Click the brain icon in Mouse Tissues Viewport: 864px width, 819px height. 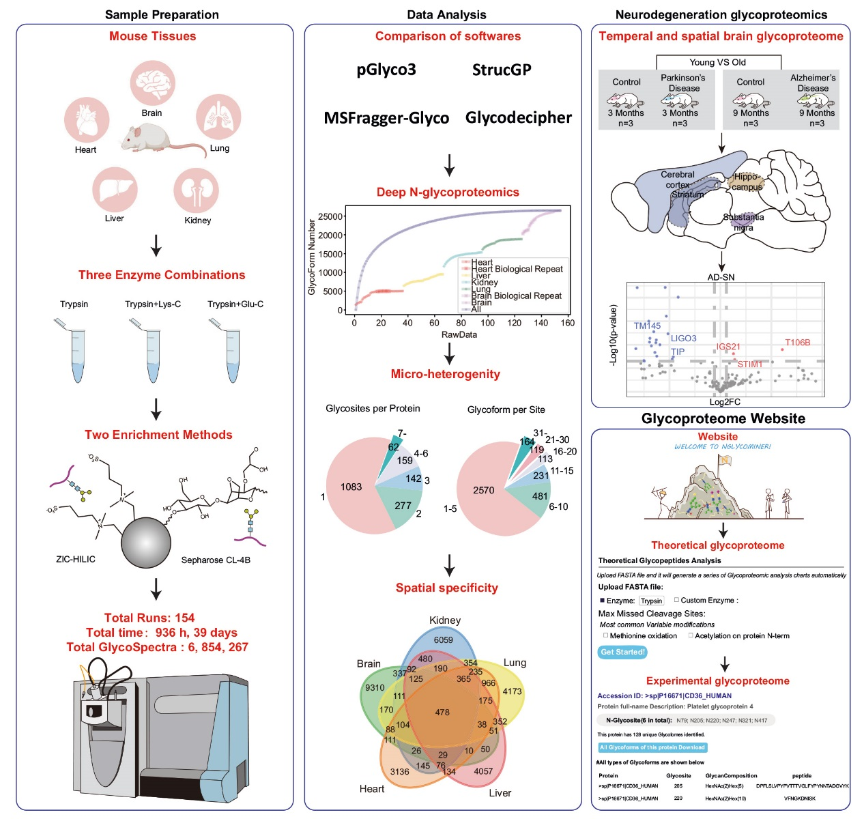tap(152, 83)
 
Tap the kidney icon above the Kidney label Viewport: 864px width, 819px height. tap(196, 190)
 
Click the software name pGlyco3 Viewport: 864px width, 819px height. tap(386, 70)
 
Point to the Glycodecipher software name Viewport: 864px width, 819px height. tap(518, 117)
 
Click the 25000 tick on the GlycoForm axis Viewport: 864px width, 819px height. tap(330, 216)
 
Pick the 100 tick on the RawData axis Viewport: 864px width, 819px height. tap(488, 323)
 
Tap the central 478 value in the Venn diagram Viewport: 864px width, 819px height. tap(442, 712)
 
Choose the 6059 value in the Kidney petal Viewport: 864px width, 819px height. tap(443, 640)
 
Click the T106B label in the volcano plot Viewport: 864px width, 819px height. tap(797, 343)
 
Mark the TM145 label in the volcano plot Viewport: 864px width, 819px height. tap(647, 326)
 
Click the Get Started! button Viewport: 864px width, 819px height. tap(622, 652)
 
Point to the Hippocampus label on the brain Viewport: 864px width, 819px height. tap(747, 182)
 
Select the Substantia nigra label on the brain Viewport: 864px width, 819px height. tap(743, 222)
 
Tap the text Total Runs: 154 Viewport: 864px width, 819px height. tap(149, 618)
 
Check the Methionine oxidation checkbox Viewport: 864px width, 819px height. tap(605, 635)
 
